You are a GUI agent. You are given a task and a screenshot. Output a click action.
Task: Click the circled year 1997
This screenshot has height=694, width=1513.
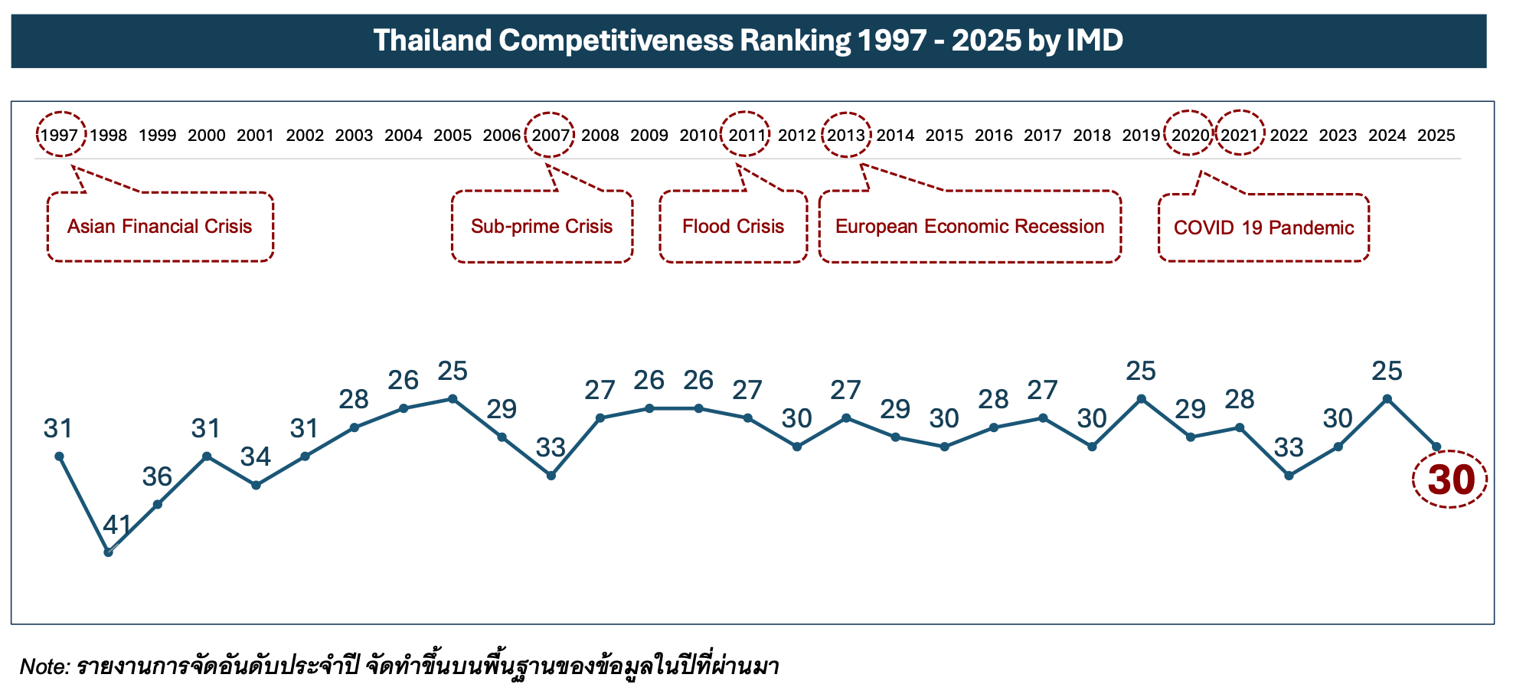click(60, 136)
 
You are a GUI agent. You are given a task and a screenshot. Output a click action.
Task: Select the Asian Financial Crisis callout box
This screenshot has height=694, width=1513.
click(160, 227)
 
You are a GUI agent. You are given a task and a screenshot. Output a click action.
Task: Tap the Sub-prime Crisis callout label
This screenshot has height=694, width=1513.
click(541, 227)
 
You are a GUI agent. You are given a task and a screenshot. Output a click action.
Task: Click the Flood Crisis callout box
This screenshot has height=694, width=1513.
click(733, 227)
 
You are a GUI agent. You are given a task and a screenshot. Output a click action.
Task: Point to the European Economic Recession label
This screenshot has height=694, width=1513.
click(969, 227)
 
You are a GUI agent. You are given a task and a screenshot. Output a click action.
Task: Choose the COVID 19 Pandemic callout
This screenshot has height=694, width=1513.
click(1263, 228)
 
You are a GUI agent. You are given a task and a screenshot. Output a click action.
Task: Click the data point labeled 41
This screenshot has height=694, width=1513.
click(109, 552)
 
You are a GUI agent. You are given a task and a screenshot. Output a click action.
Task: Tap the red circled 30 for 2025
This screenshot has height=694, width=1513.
click(1450, 480)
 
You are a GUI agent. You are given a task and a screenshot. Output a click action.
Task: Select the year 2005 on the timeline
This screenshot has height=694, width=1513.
click(453, 136)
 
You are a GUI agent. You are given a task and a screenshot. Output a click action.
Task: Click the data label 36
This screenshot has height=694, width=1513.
click(157, 477)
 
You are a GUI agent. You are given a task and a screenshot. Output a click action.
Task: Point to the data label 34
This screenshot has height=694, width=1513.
click(256, 457)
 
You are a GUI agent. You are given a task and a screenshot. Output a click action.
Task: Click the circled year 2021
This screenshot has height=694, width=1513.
click(1240, 136)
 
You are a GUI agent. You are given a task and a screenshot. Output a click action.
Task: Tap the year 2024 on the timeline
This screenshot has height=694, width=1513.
click(1387, 136)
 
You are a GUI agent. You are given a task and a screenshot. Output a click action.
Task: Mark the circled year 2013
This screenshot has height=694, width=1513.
click(846, 136)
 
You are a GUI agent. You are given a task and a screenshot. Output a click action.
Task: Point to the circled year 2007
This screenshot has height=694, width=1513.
click(551, 136)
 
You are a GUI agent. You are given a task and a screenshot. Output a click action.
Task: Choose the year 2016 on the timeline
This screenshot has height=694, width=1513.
click(994, 136)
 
